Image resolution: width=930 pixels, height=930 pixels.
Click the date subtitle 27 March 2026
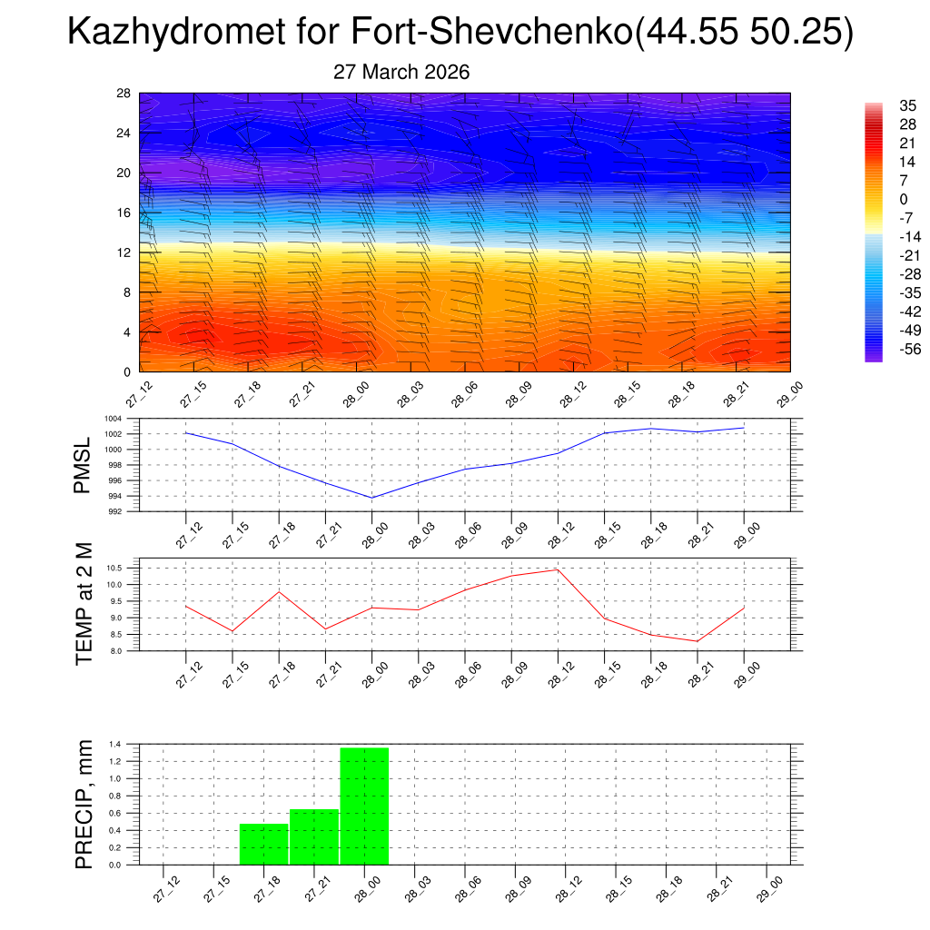pos(401,73)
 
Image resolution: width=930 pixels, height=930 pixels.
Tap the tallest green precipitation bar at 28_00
pos(364,806)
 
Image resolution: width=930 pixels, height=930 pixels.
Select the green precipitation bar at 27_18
pos(263,844)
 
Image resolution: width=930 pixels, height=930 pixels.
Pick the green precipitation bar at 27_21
pos(314,836)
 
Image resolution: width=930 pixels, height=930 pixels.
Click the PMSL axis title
pos(83,466)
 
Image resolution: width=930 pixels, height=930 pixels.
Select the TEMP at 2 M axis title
pos(84,604)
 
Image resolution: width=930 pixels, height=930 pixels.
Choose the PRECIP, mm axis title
pos(84,804)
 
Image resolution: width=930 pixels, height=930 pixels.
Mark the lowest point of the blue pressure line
pos(371,498)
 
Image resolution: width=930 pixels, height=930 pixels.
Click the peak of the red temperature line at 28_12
pos(557,569)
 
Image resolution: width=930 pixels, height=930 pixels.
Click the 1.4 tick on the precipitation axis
pos(115,744)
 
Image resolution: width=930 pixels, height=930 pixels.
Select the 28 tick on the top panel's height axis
pos(124,93)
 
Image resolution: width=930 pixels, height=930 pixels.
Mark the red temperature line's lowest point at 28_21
pos(697,641)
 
